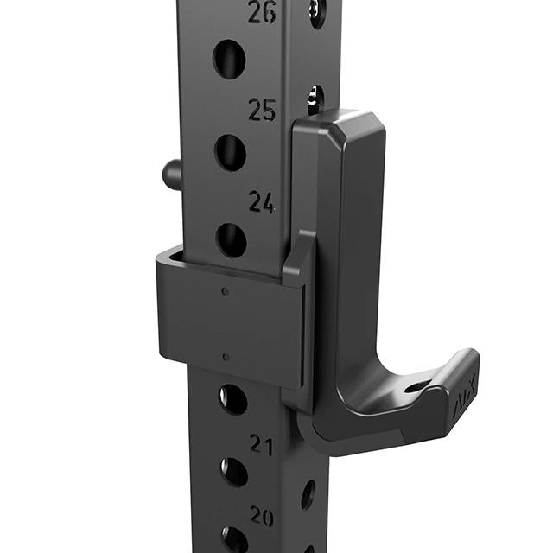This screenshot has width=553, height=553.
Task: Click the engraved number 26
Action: pos(262,12)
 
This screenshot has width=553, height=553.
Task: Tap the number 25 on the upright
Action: pos(262,110)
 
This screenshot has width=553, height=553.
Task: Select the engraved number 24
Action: pos(262,202)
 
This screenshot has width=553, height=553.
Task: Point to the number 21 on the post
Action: pos(262,445)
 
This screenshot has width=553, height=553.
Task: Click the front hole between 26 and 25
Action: pos(229,59)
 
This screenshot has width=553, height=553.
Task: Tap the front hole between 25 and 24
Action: pos(230,151)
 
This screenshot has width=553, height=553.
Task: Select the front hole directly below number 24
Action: pos(231,239)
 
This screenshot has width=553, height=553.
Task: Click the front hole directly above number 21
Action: pos(232,399)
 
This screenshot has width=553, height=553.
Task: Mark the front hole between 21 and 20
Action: pos(233,472)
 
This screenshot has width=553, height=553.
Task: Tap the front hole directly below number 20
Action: pos(234,539)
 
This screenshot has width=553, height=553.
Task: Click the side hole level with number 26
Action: pos(317,11)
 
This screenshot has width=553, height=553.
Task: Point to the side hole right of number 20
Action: pos(308,493)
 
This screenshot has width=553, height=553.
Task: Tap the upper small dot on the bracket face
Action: pos(226,291)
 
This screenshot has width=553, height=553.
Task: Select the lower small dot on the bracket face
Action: pos(226,356)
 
